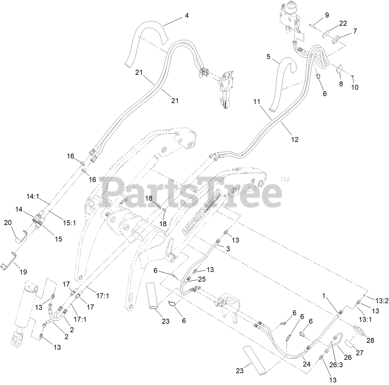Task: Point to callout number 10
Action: coord(355,87)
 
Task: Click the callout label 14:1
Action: coord(33,196)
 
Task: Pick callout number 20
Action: coord(8,223)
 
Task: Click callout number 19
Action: coord(23,272)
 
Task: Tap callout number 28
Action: coord(370,340)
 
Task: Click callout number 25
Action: coord(202,279)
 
